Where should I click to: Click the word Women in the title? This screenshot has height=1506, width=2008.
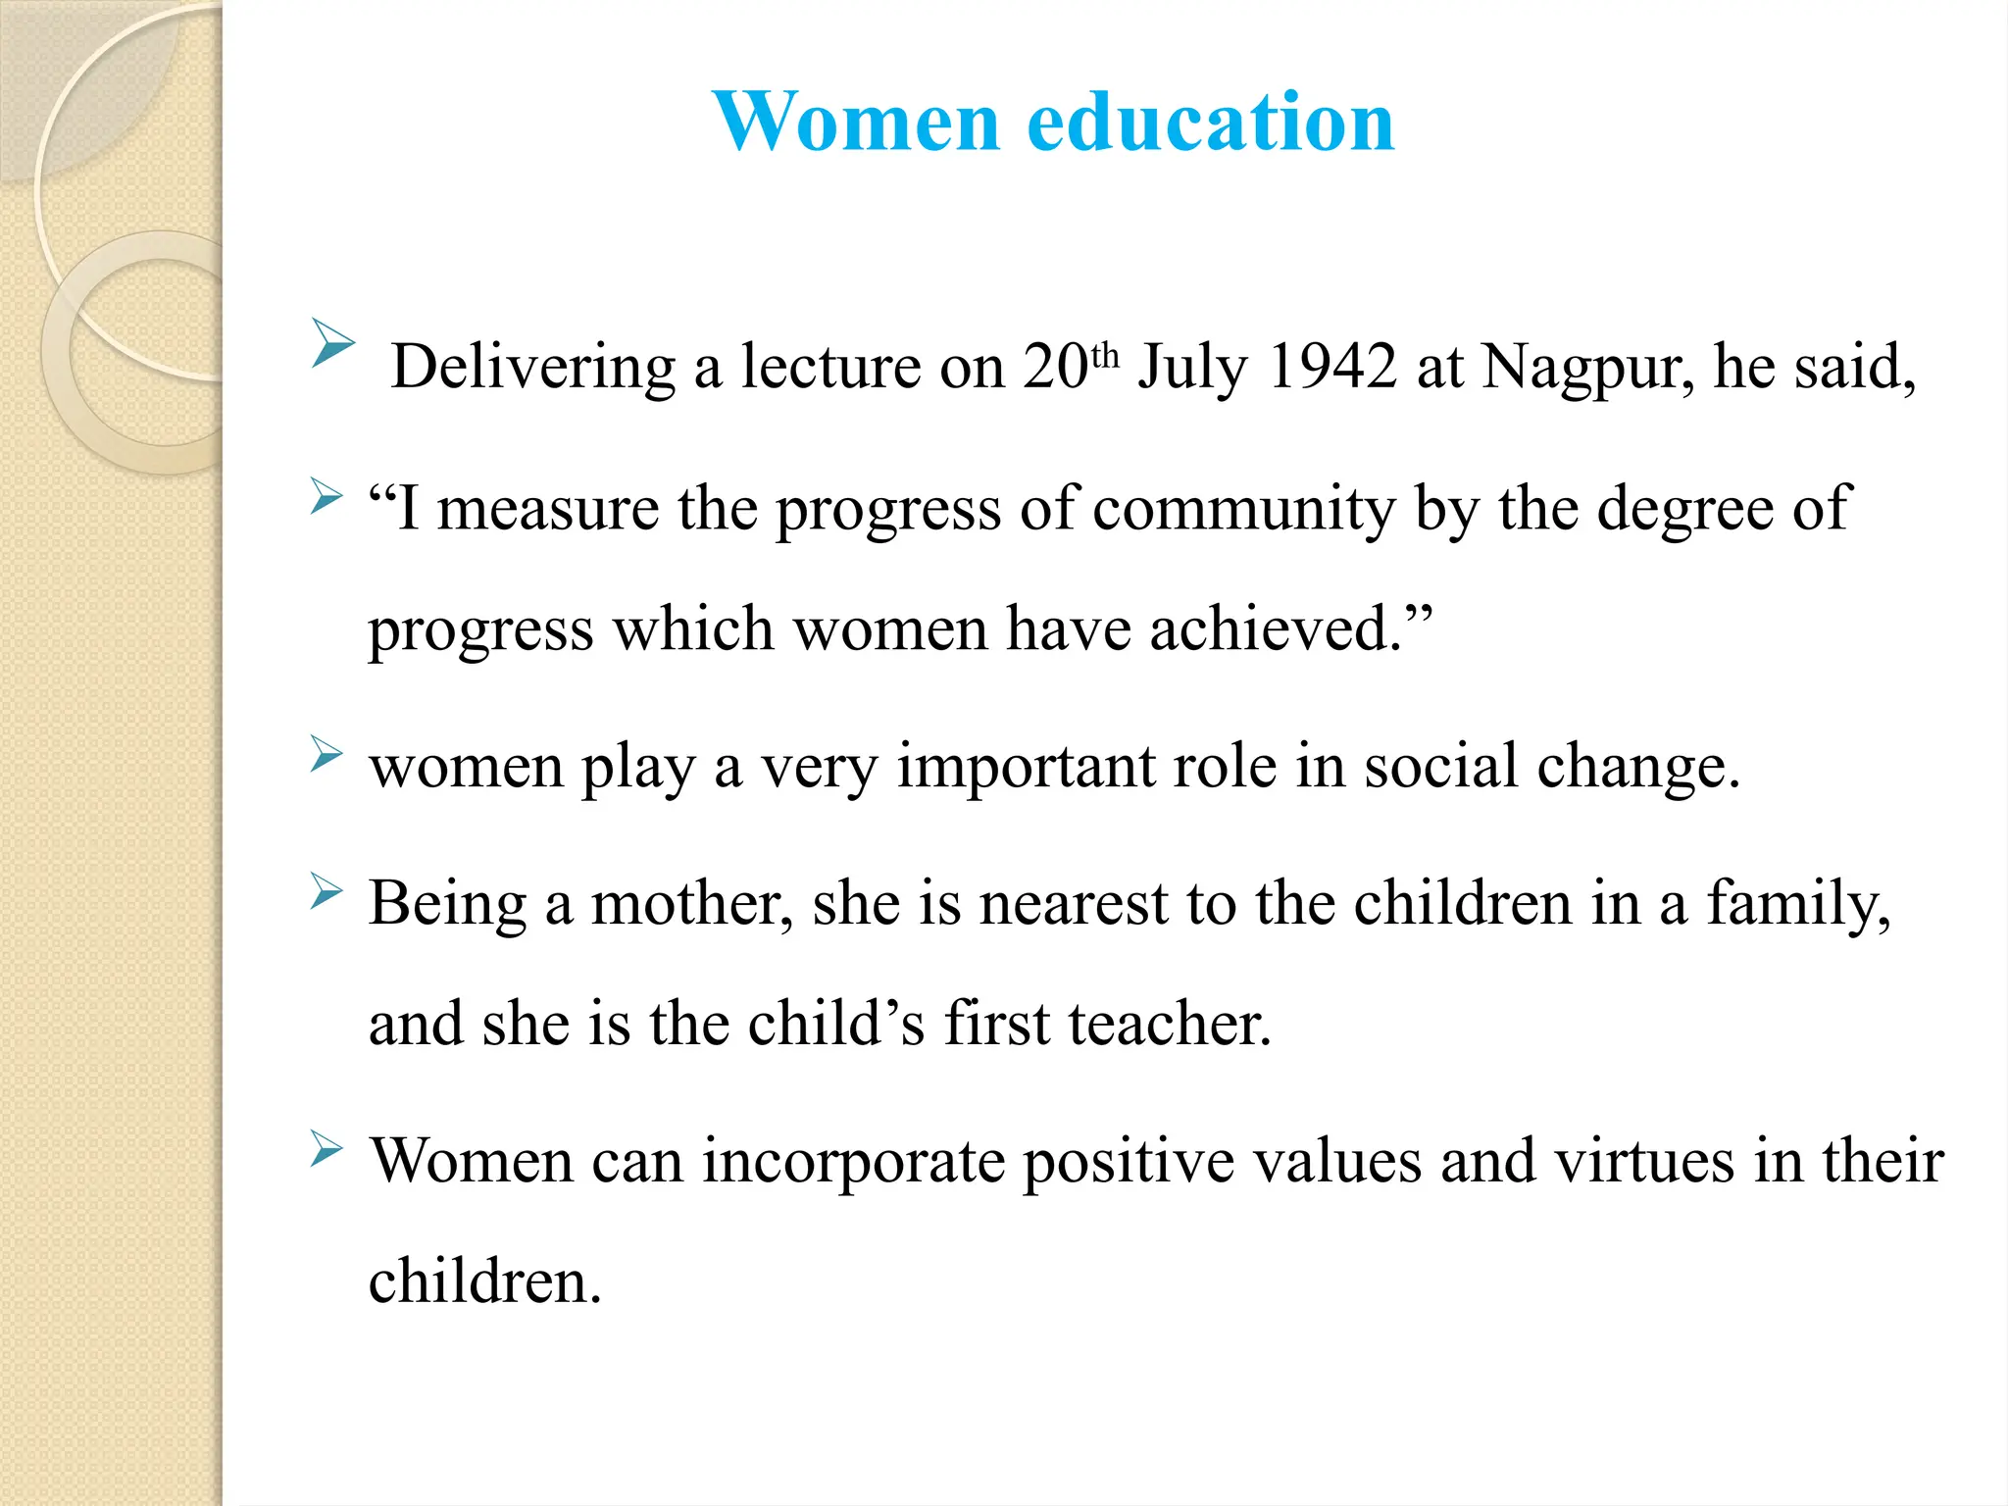click(857, 122)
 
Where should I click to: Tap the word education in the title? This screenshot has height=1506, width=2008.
click(1211, 122)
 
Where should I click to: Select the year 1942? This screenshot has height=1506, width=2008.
click(1331, 367)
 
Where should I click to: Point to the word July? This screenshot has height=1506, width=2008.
click(1192, 369)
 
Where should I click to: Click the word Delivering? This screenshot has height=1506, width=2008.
click(533, 369)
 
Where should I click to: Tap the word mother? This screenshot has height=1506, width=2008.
click(692, 904)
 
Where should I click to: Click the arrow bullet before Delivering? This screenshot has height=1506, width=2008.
click(332, 342)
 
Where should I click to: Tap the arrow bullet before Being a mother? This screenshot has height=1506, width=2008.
click(326, 891)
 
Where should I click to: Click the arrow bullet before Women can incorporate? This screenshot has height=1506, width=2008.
click(326, 1148)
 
